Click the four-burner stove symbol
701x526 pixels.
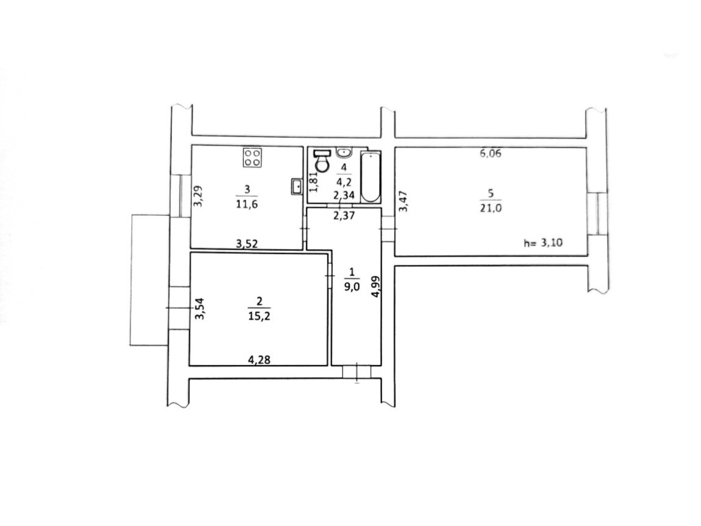(x=252, y=157)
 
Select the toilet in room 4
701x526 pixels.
(x=322, y=162)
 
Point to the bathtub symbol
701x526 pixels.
(x=371, y=177)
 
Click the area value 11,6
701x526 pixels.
(x=247, y=205)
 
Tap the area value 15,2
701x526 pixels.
(x=260, y=316)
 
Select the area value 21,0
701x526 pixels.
(x=491, y=208)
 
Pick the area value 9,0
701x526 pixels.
(x=352, y=287)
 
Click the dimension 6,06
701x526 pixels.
(x=491, y=154)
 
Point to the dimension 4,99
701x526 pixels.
(x=377, y=286)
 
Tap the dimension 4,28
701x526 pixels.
(x=259, y=359)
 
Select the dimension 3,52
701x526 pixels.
(x=247, y=244)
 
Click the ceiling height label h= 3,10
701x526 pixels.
(x=543, y=243)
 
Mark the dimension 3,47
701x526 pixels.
(x=404, y=201)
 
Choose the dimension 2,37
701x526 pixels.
(x=344, y=216)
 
